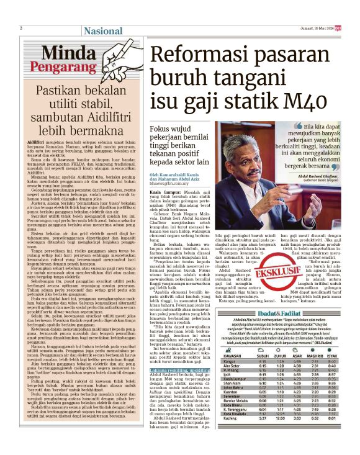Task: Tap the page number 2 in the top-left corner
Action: [21, 28]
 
